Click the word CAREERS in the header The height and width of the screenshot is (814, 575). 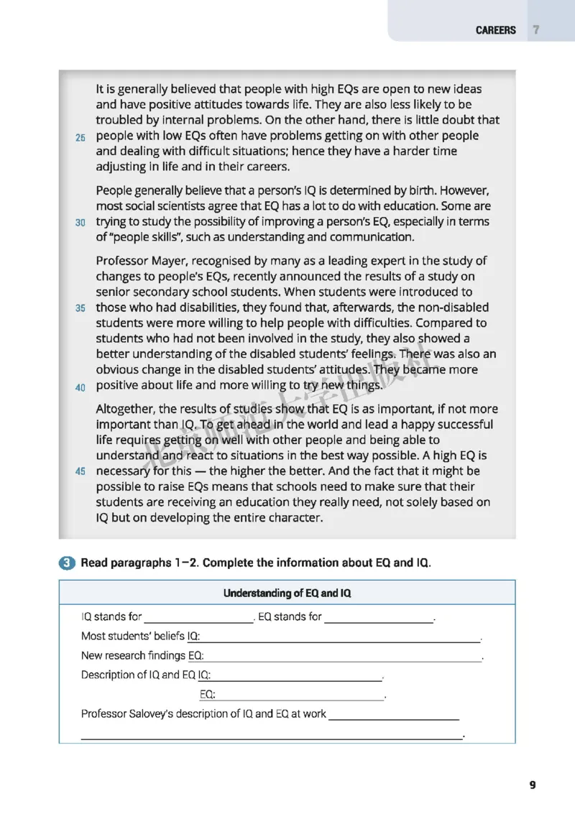pos(495,30)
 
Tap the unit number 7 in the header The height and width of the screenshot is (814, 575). pos(536,30)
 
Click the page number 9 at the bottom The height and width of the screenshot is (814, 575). pos(533,785)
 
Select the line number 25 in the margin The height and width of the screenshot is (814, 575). pos(80,137)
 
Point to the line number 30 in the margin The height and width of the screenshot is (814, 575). pos(80,223)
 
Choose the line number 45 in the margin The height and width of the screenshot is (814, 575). pos(80,472)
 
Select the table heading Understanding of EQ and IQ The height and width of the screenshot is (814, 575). pos(287,593)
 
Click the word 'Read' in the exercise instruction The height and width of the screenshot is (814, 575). pos(95,563)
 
